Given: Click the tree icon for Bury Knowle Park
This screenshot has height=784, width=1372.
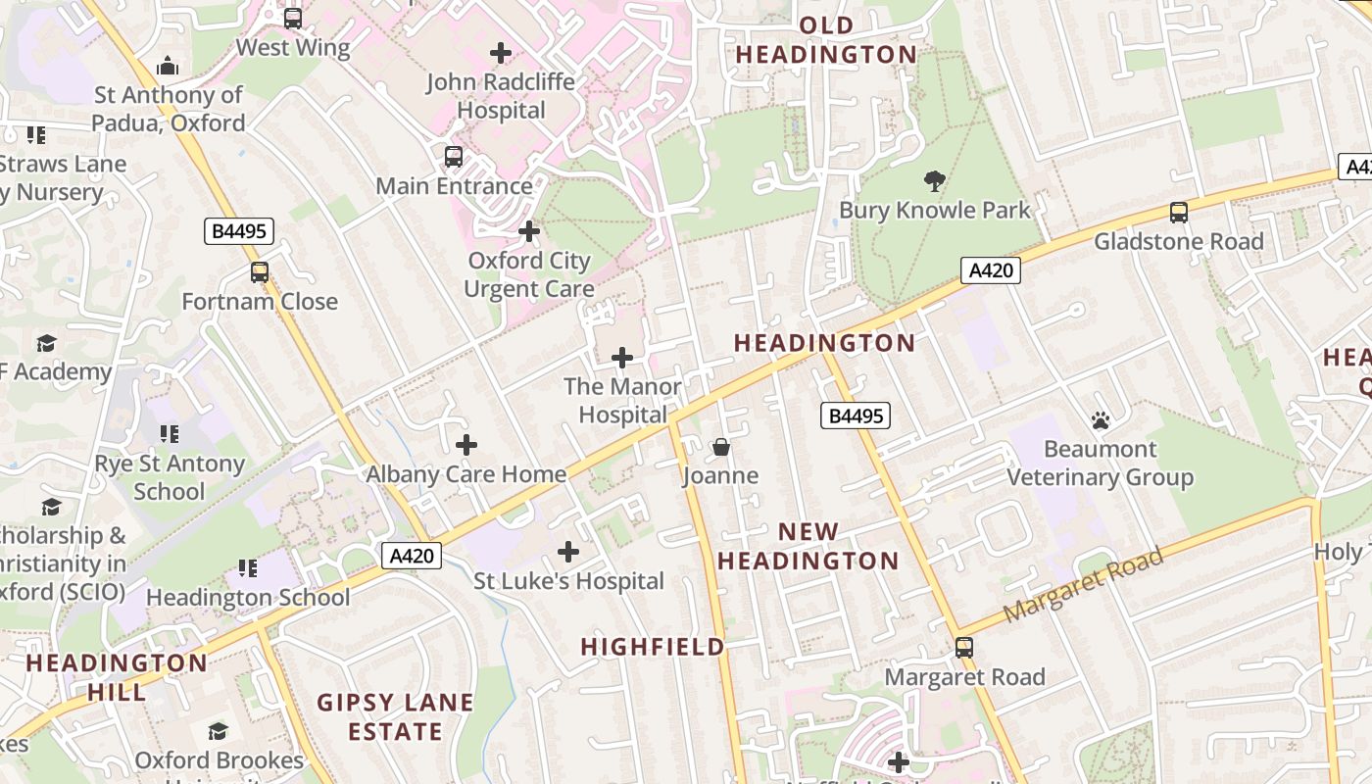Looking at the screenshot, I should tap(934, 180).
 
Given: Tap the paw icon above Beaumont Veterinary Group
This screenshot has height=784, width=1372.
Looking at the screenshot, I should tap(1100, 420).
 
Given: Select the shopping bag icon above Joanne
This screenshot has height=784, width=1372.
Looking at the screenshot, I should tap(721, 448).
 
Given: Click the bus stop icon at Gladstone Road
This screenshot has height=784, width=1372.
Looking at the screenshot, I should tap(1179, 212).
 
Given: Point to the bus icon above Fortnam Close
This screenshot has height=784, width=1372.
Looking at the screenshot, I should tap(260, 272).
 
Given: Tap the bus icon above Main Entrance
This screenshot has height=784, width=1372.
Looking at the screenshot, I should tap(453, 157).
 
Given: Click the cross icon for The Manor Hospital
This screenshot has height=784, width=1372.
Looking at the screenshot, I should tap(622, 358).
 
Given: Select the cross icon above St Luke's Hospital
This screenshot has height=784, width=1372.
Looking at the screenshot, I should tap(568, 552).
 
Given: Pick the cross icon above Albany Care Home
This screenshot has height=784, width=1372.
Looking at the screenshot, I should tap(466, 445).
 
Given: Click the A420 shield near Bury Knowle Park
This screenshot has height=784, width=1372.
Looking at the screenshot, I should tap(990, 270).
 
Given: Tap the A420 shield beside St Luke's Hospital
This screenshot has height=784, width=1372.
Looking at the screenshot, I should tap(412, 557).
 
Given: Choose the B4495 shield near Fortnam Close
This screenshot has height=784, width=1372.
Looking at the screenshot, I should tap(239, 231).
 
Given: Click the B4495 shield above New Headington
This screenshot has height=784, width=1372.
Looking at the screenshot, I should tap(856, 416).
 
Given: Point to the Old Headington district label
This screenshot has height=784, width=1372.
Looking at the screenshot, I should tap(826, 40).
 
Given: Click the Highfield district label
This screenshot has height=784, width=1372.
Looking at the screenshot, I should tap(653, 647).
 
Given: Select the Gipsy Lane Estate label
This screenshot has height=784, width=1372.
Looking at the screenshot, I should tap(395, 716).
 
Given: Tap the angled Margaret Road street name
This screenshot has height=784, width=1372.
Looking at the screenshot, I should tap(1083, 584).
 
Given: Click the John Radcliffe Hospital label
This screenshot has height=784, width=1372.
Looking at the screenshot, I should tap(501, 96).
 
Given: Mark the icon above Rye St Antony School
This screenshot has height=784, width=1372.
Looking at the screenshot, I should tap(170, 433).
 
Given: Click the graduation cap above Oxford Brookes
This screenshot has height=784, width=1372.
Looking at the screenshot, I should tap(219, 731).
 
